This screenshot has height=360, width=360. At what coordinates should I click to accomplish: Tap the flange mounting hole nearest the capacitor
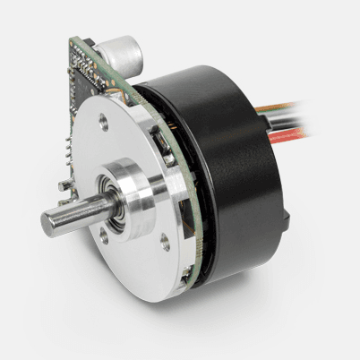pos(106,123)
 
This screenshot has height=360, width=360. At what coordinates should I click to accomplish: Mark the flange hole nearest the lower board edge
pos(165,241)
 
